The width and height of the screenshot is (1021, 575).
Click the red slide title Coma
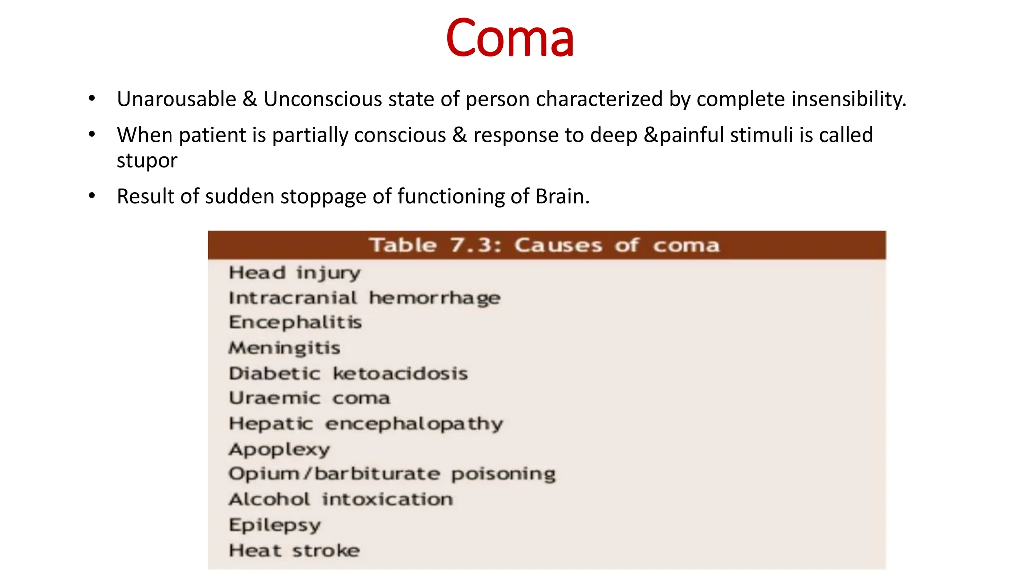(510, 39)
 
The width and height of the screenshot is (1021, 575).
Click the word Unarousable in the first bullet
(176, 99)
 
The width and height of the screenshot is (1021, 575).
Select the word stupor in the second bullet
(147, 161)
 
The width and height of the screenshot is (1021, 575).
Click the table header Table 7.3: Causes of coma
(544, 245)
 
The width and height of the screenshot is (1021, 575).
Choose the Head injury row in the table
(295, 273)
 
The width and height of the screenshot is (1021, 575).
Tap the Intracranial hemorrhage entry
(364, 298)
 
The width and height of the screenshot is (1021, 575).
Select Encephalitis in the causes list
(295, 323)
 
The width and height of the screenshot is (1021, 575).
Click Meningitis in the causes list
(284, 348)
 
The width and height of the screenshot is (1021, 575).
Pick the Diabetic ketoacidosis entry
(348, 374)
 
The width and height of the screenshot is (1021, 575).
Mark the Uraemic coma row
(309, 398)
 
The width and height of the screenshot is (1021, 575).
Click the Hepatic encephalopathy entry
(365, 424)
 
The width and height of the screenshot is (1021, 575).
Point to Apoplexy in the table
(279, 450)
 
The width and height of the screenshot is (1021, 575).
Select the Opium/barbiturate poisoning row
(392, 474)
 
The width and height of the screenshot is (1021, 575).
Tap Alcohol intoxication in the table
(341, 500)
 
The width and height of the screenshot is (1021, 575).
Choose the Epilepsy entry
(275, 525)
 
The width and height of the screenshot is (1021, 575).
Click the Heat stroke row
(294, 551)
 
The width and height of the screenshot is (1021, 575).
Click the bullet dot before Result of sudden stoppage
(92, 196)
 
